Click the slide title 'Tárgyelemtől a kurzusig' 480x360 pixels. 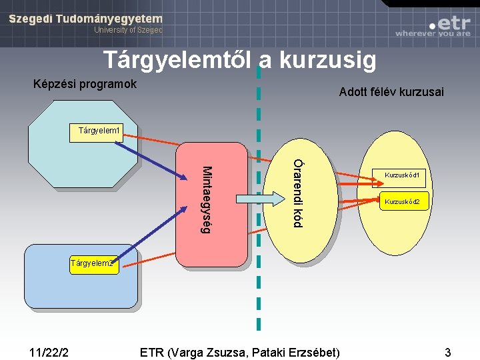tap(239, 61)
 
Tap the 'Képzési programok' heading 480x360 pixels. tap(85, 84)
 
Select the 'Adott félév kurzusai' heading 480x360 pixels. tap(391, 92)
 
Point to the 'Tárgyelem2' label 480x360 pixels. tap(93, 263)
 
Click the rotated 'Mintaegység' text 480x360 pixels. tap(207, 199)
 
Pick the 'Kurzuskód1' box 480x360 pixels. tap(401, 175)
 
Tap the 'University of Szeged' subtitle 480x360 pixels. tap(128, 30)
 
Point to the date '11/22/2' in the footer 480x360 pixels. tap(52, 351)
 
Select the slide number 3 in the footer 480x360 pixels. tap(448, 351)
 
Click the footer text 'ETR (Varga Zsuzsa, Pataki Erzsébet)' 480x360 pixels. tap(240, 351)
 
